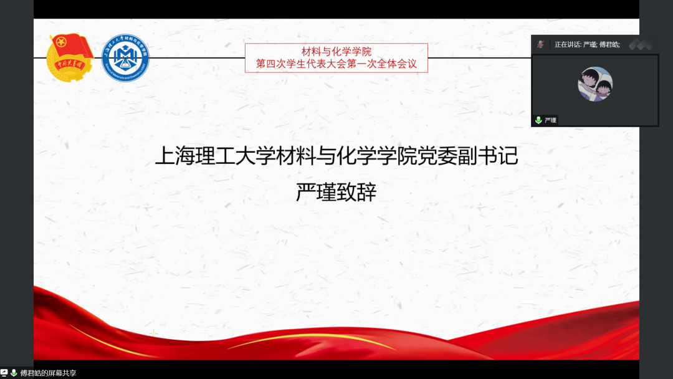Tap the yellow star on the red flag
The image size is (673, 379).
pos(61,43)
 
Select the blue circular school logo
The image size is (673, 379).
pos(125,57)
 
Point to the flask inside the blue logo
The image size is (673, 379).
pos(125,60)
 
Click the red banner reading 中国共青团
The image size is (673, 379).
pos(68,64)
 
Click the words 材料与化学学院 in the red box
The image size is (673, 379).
pos(336,52)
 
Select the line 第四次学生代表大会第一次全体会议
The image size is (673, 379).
pos(336,64)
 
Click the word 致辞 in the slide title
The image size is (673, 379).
pos(356,192)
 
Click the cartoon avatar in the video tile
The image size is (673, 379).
pos(595,84)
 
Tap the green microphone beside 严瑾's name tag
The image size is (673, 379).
pos(538,120)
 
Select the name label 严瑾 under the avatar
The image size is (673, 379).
pos(550,120)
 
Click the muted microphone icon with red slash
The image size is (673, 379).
pos(540,44)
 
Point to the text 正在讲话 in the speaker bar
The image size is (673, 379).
pos(567,44)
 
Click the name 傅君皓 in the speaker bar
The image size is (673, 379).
pos(609,44)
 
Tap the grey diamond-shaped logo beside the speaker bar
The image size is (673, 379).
pos(640,44)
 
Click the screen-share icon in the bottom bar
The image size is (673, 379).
pos(4,373)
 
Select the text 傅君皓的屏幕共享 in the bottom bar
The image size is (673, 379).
pos(48,373)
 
